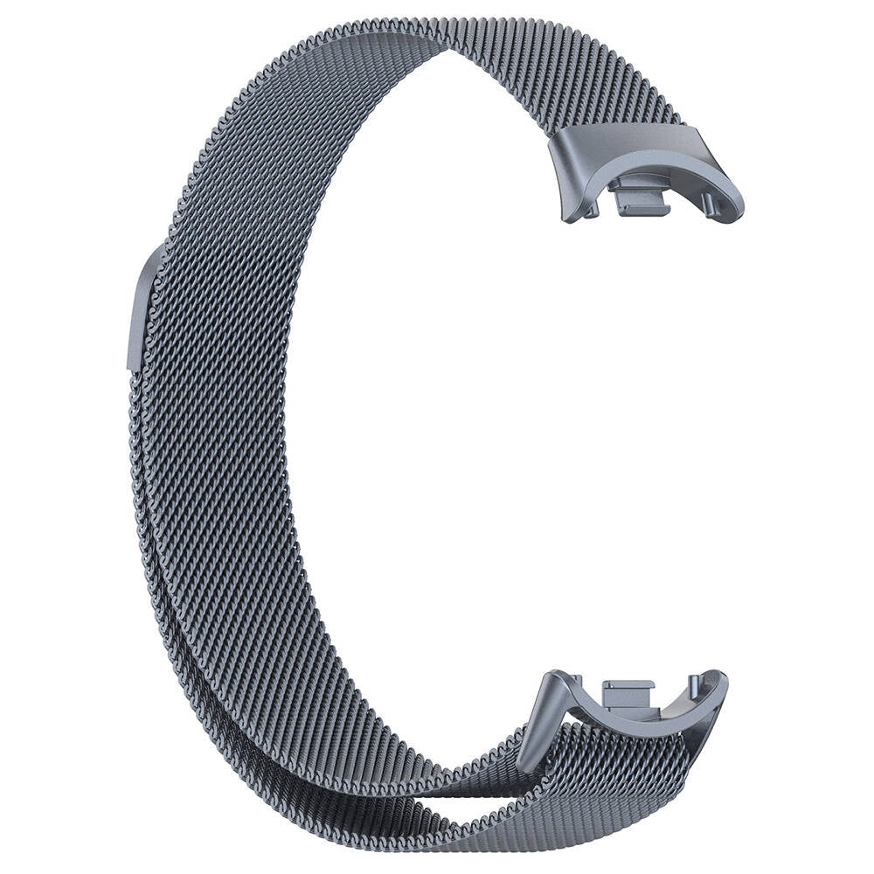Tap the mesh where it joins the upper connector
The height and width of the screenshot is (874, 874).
tap(612, 122)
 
